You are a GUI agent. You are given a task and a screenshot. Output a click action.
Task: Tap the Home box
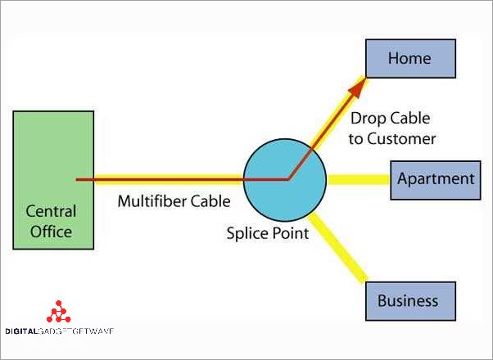pos(409,59)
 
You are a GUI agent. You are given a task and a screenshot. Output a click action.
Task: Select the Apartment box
pos(435,179)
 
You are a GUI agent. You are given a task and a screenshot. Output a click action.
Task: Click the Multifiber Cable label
pos(174,201)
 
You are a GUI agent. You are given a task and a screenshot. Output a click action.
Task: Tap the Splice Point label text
pos(268,233)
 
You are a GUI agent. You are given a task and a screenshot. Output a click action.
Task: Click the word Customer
pos(401,138)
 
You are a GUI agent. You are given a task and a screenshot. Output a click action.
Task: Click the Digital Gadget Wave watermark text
pos(58,331)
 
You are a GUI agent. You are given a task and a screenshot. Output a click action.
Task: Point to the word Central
pos(50,211)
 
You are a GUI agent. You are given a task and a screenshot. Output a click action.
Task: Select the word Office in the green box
pos(51,232)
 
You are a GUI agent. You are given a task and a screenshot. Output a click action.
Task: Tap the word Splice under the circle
pos(246,233)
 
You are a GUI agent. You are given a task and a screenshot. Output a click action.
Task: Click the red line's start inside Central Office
pos(78,179)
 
